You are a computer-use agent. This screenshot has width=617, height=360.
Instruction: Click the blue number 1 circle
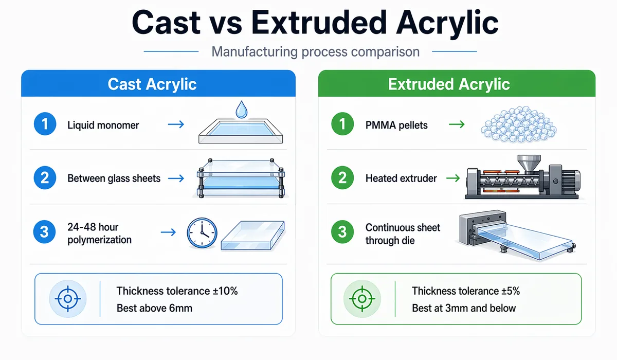[x=45, y=125]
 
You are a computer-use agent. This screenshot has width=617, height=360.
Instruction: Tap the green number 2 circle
[x=342, y=178]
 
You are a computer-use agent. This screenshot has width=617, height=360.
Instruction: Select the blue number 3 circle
[x=45, y=232]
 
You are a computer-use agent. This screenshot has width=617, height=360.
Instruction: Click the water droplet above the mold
[x=240, y=109]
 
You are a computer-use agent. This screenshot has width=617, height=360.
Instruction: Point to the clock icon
[x=202, y=233]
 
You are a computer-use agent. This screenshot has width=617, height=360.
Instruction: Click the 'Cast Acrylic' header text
[x=152, y=84]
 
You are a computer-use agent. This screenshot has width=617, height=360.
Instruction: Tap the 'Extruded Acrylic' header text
[x=449, y=84]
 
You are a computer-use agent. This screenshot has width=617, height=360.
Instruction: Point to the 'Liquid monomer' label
[x=103, y=125]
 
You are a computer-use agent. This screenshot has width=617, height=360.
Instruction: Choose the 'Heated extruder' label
[x=401, y=178]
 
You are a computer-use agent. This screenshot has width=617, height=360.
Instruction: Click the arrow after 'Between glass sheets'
[x=176, y=178]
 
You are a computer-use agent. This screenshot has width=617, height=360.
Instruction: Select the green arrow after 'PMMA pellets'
[x=456, y=125]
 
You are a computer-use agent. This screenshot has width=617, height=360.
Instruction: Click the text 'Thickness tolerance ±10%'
[x=177, y=291]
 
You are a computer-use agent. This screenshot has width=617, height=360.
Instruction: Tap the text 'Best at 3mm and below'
[x=464, y=308]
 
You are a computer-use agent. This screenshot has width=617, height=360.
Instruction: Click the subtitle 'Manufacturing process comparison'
[x=316, y=52]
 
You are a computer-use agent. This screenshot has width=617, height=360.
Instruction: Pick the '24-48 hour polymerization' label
[x=99, y=233]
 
